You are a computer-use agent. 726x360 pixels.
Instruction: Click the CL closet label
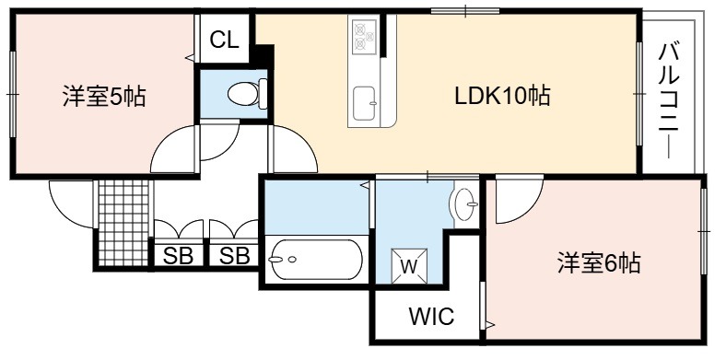click(x=224, y=40)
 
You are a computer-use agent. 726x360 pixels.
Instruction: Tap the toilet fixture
click(x=248, y=94)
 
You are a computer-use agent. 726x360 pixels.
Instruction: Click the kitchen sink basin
click(x=364, y=104)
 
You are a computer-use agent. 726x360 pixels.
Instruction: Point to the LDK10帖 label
click(x=502, y=97)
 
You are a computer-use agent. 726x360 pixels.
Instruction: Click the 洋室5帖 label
click(x=104, y=97)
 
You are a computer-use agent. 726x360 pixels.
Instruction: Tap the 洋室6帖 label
click(x=599, y=262)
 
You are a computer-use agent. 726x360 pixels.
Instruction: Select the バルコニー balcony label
click(x=669, y=100)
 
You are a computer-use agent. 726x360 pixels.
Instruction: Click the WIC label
click(x=431, y=317)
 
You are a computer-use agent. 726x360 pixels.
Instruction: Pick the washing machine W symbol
click(x=409, y=265)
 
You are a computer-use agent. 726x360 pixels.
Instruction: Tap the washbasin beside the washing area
click(x=466, y=204)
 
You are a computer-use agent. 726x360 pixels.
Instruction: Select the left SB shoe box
click(x=178, y=255)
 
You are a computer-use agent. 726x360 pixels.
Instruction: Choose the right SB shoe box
click(x=234, y=255)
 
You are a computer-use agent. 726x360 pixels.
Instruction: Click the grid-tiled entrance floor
click(x=125, y=223)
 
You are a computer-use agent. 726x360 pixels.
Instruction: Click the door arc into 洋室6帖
click(x=527, y=210)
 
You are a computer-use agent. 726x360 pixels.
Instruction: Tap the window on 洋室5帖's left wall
click(x=13, y=94)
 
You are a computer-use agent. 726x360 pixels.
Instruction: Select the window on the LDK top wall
click(x=465, y=10)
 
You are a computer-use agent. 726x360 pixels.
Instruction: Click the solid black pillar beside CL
click(x=262, y=55)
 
